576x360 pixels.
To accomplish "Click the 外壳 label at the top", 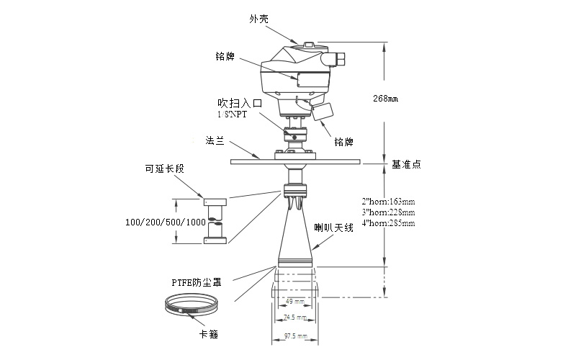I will [258, 19].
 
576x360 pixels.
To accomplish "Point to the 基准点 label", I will [406, 164].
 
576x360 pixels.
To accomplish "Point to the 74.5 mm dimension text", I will [294, 317].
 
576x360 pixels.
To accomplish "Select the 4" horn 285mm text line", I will [387, 223].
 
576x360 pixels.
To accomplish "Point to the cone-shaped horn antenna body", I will [294, 238].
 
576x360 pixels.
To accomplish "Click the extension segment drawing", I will [215, 221].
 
